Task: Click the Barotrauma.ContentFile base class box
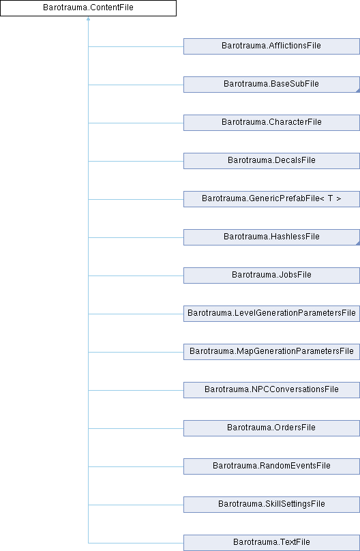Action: tap(88, 8)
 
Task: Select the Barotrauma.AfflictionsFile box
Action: tap(271, 46)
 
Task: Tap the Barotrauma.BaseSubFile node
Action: tap(271, 85)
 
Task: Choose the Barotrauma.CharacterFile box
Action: tap(271, 123)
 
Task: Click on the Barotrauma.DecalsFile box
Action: tap(271, 160)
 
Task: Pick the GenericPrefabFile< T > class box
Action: tap(271, 199)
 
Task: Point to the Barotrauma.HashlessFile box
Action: tap(271, 237)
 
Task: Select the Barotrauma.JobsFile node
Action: tap(271, 275)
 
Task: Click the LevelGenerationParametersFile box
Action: tap(271, 314)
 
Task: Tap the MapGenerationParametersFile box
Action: tap(271, 352)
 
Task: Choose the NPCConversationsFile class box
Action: tap(271, 389)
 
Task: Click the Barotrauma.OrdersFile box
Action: tap(271, 428)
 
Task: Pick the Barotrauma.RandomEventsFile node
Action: tap(271, 466)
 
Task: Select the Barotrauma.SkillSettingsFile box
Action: tap(271, 504)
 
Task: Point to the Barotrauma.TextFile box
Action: tap(271, 543)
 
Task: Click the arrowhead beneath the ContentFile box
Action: tap(88, 18)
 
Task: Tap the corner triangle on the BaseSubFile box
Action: tap(358, 91)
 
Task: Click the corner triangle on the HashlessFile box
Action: tap(358, 243)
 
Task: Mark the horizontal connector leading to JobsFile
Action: tap(136, 276)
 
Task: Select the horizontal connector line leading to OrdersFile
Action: tap(136, 428)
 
